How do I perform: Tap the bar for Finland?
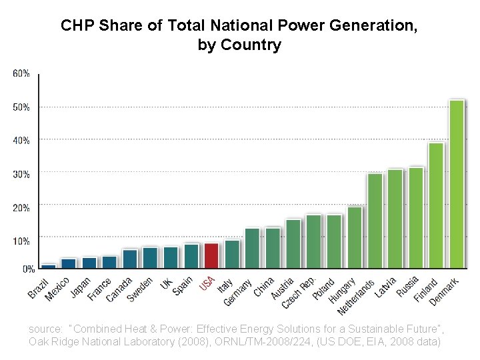click(436, 206)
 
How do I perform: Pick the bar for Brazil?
click(49, 266)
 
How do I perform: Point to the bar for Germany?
click(252, 249)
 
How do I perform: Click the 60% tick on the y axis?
click(21, 73)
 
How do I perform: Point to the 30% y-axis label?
click(21, 174)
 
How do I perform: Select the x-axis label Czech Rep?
click(298, 293)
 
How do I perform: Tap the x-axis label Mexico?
click(57, 289)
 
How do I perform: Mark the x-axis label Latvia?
click(386, 287)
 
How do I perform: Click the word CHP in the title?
click(75, 26)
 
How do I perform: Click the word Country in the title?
click(256, 45)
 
